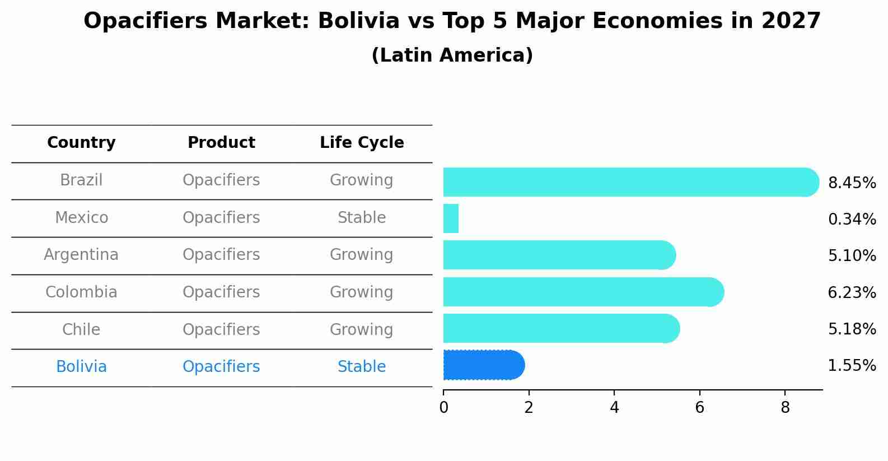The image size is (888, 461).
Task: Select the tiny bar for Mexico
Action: pos(451,218)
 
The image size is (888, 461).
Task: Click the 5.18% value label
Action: pos(852,329)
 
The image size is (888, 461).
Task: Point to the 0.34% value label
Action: pos(852,219)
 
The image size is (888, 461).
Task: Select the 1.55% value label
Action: pos(852,366)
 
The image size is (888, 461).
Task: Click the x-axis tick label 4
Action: pos(614,408)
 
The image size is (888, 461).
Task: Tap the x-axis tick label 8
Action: pos(785,408)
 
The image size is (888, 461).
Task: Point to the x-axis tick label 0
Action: pos(443,408)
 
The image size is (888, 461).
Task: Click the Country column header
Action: pos(81,143)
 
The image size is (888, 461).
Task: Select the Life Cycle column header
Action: pos(362,143)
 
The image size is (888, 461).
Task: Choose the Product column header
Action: pos(221,143)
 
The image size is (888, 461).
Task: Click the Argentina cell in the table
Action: pos(81,255)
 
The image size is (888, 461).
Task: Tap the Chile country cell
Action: pos(81,329)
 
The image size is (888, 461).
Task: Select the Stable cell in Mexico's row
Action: pos(362,217)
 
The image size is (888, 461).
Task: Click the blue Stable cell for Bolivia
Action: pos(362,367)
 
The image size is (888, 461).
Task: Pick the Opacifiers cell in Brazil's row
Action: pos(221,180)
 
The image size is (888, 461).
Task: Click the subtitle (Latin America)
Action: pos(452,55)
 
